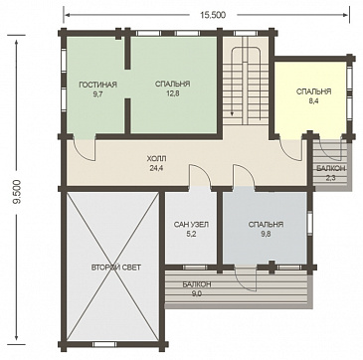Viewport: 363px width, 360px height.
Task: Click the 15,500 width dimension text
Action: coord(213,15)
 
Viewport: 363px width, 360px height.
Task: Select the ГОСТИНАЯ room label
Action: coord(98,85)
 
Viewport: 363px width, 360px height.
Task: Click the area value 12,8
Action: coord(173,93)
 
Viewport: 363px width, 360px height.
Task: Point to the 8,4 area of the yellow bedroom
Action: coord(313,101)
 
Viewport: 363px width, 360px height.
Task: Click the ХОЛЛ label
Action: coord(156,158)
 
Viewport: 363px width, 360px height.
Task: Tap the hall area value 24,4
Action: coord(156,168)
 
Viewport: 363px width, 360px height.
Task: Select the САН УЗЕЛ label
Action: coord(191,225)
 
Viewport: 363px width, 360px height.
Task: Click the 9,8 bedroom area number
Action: coord(266,234)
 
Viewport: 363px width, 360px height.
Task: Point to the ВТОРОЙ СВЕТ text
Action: coord(115,268)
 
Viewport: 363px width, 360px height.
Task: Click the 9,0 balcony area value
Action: coord(197,293)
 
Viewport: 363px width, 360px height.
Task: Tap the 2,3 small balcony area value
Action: coord(331,178)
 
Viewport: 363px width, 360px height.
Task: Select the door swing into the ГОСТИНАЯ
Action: coord(85,150)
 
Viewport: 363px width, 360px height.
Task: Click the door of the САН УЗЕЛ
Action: coord(200,177)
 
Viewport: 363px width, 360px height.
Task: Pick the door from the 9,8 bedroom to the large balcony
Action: coord(246,278)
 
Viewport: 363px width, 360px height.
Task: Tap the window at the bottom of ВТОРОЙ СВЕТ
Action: coord(103,344)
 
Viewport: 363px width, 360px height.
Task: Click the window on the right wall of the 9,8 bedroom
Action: coord(309,223)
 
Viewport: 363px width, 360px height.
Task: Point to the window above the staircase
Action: coord(246,33)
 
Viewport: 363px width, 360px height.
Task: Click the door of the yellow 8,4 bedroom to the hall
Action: coord(290,149)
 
